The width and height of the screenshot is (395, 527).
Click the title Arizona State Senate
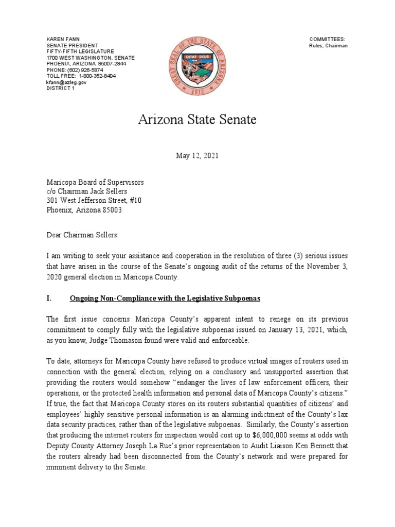pyautogui.click(x=197, y=120)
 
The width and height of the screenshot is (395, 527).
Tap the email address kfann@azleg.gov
pyautogui.click(x=66, y=82)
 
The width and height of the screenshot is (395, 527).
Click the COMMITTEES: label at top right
pyautogui.click(x=327, y=40)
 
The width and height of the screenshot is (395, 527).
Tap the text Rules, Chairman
pyautogui.click(x=328, y=46)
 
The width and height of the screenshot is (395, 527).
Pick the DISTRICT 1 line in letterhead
pyautogui.click(x=60, y=88)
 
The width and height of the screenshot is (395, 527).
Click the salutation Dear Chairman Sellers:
pyautogui.click(x=82, y=235)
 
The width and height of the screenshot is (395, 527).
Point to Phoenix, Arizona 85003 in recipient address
pyautogui.click(x=84, y=210)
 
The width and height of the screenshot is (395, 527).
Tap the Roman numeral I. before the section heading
pyautogui.click(x=49, y=299)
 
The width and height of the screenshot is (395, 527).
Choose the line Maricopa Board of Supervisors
pyautogui.click(x=95, y=182)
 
